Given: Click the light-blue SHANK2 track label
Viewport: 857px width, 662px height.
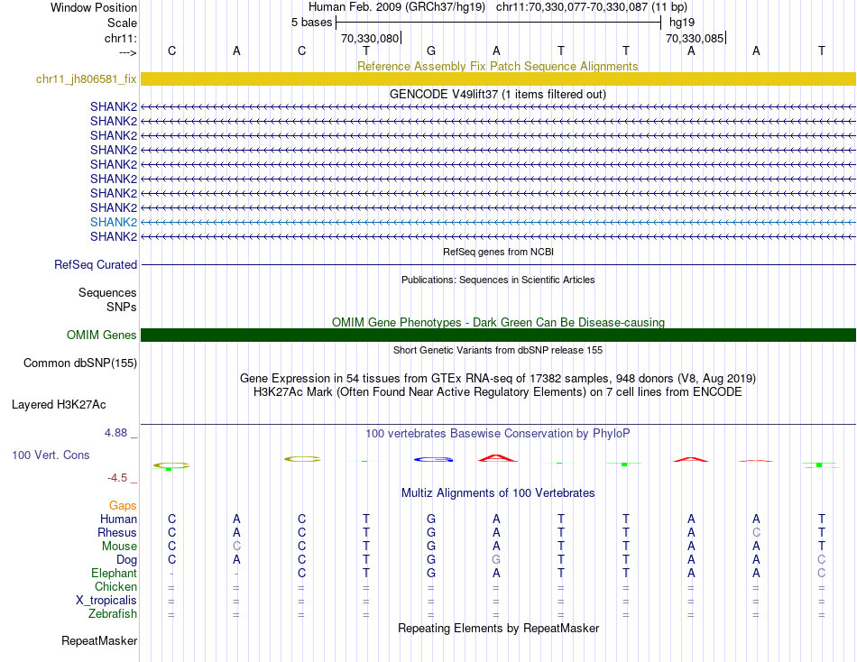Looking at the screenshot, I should point(114,222).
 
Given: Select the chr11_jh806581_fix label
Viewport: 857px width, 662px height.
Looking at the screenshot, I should point(87,79).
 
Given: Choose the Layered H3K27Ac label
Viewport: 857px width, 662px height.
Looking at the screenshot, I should point(74,405).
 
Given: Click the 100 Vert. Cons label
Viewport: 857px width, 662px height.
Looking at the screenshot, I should point(51,455).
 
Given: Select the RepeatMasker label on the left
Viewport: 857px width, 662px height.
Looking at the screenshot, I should point(99,641).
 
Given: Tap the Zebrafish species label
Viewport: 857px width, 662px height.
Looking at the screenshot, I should point(113,614).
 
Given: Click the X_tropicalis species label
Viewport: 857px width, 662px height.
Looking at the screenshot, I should point(106,601).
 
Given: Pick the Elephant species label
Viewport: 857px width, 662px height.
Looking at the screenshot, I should point(114,574).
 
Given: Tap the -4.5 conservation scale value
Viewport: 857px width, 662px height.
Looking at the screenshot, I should point(120,478).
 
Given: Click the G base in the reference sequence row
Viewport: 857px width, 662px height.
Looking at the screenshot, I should point(431,51).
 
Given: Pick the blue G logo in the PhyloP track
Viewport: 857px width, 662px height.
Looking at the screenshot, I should point(432,459).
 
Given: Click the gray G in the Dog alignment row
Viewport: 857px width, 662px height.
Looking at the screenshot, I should point(496,560).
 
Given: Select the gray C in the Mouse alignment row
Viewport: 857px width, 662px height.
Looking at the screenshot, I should point(236,547).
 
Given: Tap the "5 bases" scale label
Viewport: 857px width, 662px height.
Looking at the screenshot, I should point(311,23).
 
